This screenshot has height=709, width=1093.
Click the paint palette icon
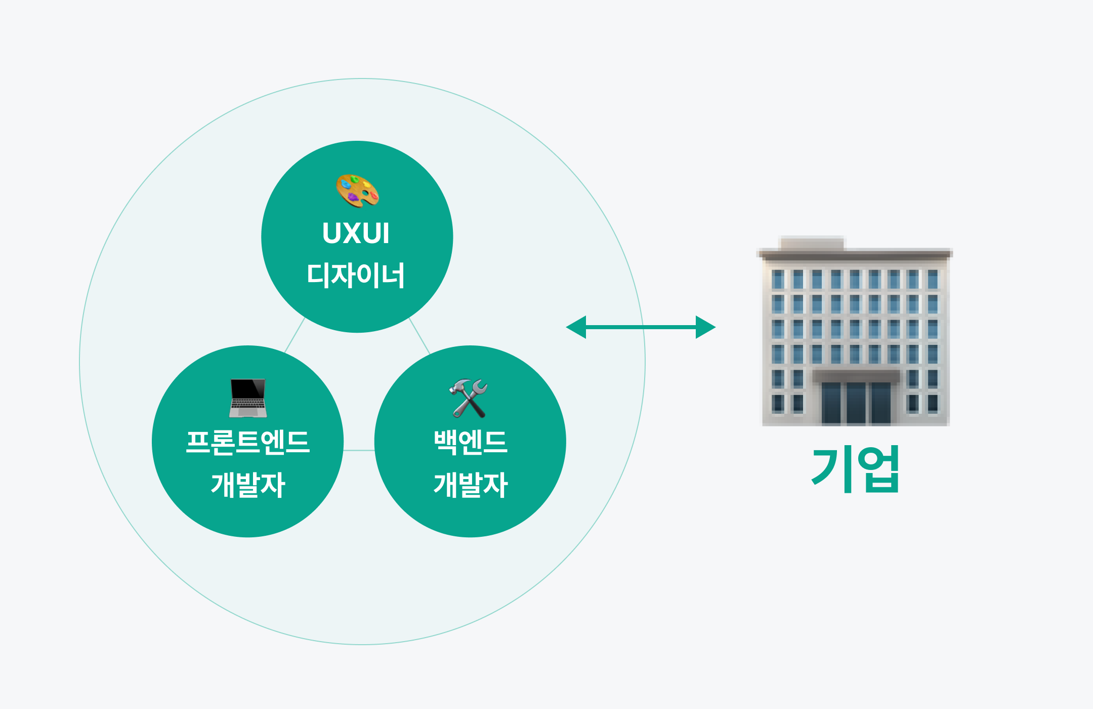357,191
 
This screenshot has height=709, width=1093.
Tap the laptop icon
247,398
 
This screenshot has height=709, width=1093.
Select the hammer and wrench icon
469,398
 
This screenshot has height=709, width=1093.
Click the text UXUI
356,233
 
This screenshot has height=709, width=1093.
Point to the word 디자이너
356,275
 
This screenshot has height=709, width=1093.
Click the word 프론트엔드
247,442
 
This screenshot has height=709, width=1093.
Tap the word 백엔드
471,442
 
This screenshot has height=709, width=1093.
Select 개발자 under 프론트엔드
248,485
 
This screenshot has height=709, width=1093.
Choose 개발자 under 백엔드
471,485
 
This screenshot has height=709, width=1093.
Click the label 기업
855,469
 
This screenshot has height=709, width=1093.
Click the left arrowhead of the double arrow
576,327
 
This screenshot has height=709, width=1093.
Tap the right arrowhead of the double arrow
705,327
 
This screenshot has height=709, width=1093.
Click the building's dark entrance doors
856,403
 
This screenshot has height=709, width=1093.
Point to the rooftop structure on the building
812,244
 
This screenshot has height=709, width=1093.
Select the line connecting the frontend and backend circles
359,450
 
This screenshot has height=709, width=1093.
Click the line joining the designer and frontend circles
295,335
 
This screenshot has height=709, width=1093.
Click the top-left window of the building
778,279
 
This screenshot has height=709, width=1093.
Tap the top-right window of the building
933,279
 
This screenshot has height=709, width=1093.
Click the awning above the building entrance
856,376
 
